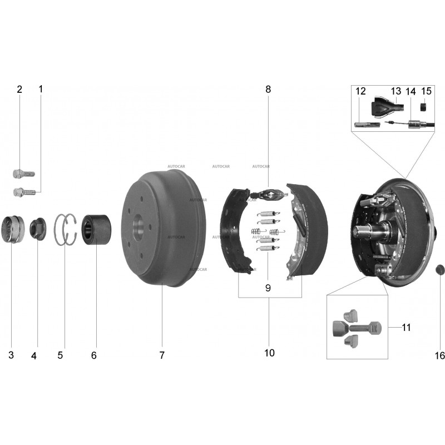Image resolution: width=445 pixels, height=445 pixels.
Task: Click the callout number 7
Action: pyautogui.click(x=162, y=355)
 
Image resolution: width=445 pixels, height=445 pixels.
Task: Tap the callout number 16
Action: pyautogui.click(x=439, y=355)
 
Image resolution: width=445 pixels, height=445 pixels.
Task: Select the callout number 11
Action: pyautogui.click(x=407, y=328)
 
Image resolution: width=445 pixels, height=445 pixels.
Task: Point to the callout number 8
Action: pyautogui.click(x=268, y=90)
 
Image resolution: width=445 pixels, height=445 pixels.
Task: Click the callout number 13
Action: pyautogui.click(x=396, y=91)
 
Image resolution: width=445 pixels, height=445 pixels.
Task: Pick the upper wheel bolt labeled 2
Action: pyautogui.click(x=24, y=173)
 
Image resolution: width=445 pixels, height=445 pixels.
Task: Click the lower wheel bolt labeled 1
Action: pyautogui.click(x=24, y=192)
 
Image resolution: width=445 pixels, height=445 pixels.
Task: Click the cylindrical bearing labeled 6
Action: pyautogui.click(x=96, y=230)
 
